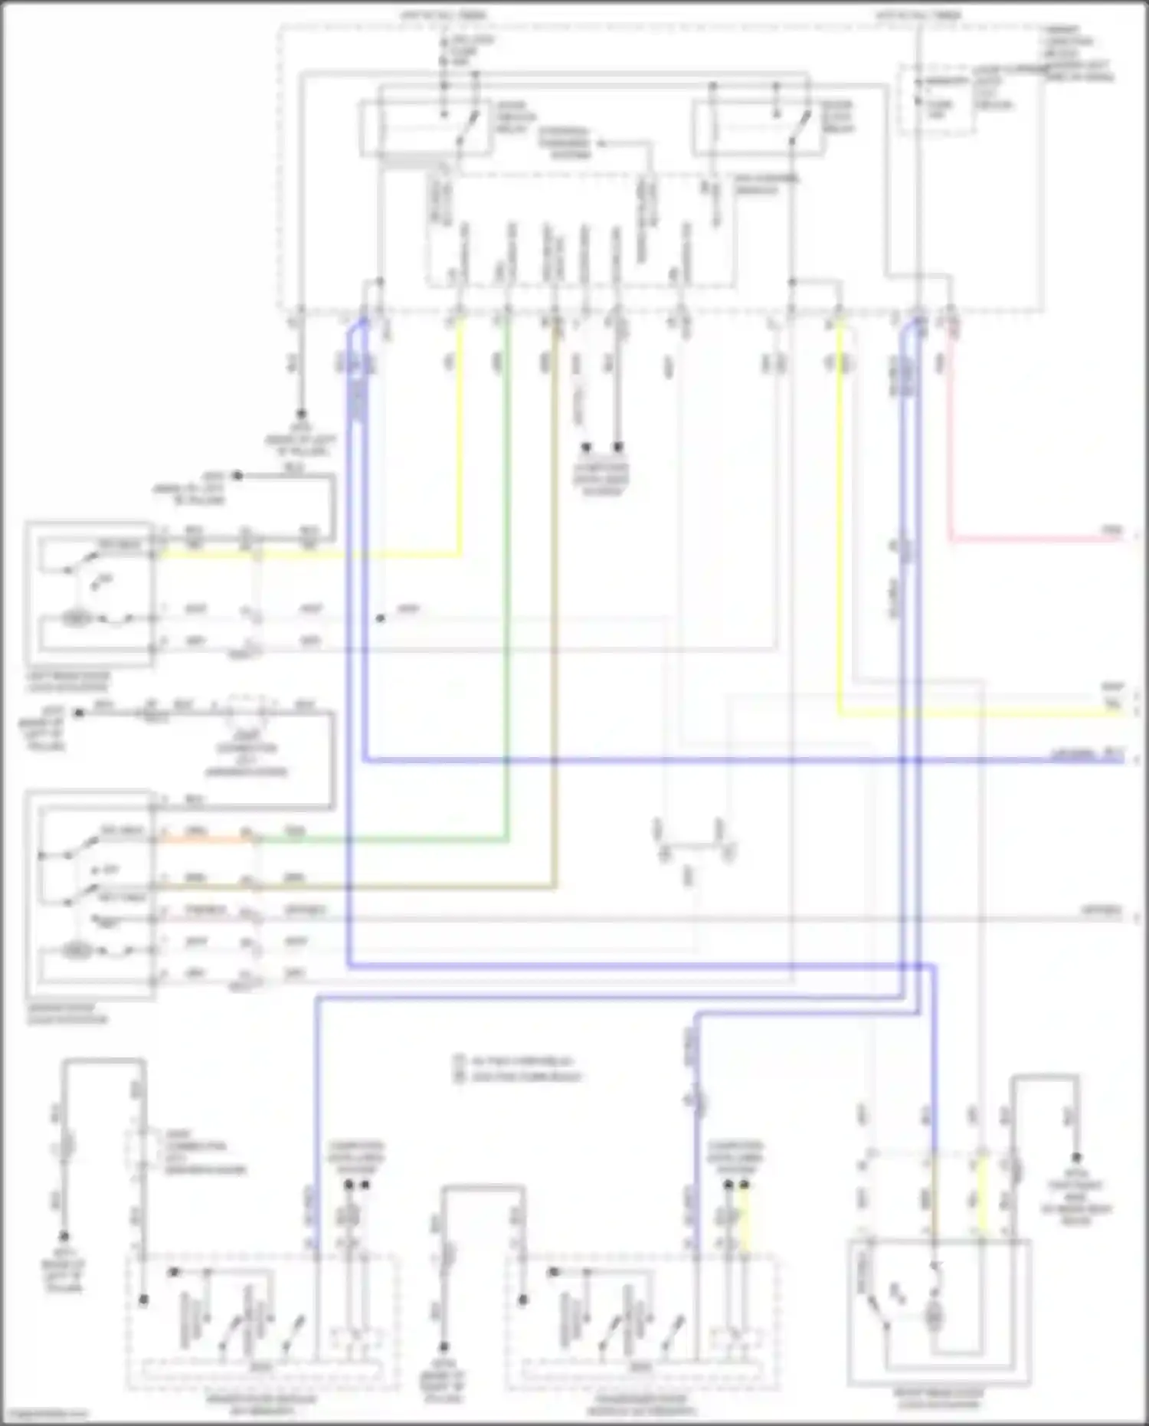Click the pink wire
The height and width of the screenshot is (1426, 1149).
(950, 460)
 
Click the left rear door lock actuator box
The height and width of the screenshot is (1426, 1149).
(90, 594)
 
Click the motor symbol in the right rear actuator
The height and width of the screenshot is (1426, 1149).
(934, 1318)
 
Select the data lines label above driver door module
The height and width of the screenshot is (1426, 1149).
(356, 1158)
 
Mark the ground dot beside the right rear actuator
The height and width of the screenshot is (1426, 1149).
(1076, 1158)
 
